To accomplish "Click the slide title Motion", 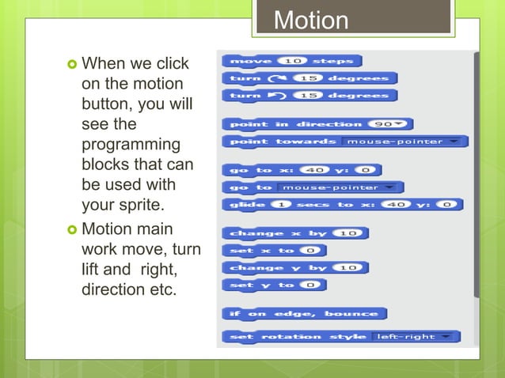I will tap(311, 20).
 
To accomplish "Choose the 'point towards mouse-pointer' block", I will tap(282, 142).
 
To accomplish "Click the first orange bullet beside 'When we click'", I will tap(71, 63).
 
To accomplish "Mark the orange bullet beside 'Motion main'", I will tap(71, 229).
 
